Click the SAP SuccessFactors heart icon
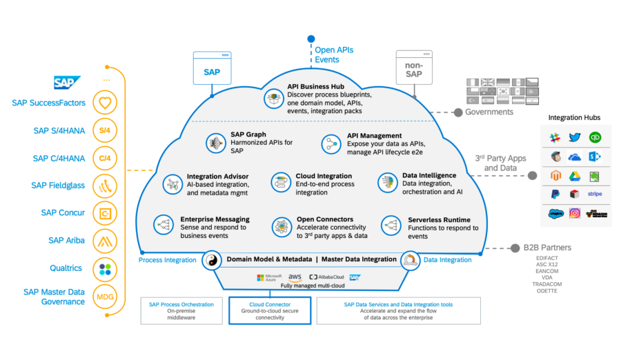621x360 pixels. pyautogui.click(x=105, y=103)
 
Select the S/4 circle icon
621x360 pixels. pyautogui.click(x=105, y=130)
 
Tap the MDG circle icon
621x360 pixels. pyautogui.click(x=105, y=296)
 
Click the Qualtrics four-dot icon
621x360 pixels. pyautogui.click(x=105, y=268)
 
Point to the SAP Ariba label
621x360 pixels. pyautogui.click(x=66, y=241)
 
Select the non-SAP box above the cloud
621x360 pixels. pyautogui.click(x=413, y=70)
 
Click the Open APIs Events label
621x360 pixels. pyautogui.click(x=334, y=55)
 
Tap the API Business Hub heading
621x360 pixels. pyautogui.click(x=317, y=86)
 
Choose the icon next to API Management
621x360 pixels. pyautogui.click(x=331, y=144)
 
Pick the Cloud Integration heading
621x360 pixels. pyautogui.click(x=324, y=176)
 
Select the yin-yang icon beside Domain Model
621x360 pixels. pyautogui.click(x=211, y=261)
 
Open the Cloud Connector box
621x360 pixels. pyautogui.click(x=270, y=310)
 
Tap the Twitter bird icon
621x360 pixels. pyautogui.click(x=575, y=138)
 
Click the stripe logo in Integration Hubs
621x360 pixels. pyautogui.click(x=594, y=194)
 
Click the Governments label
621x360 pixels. pyautogui.click(x=489, y=112)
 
